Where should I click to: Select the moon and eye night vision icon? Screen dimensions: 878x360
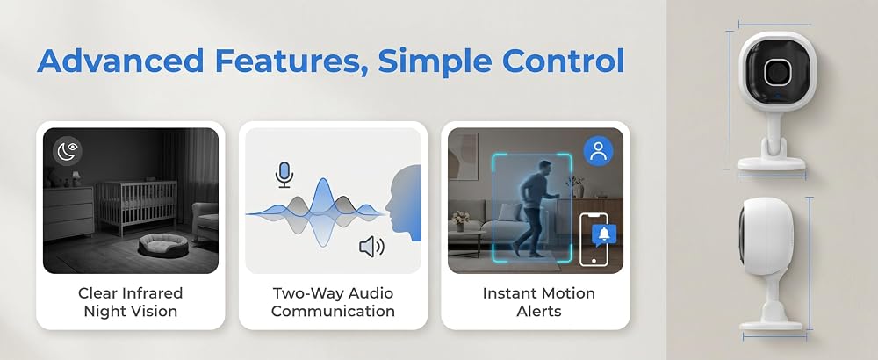(68, 152)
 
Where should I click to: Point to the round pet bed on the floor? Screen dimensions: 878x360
(163, 245)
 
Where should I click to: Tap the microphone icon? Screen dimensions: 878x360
(284, 174)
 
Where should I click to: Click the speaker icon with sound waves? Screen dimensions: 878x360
(371, 247)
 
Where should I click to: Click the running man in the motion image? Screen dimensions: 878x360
(535, 208)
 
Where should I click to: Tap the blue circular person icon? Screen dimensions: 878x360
(599, 151)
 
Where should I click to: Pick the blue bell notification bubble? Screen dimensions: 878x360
(604, 235)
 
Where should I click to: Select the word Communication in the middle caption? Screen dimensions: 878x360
(333, 311)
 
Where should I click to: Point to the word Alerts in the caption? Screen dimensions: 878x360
(538, 311)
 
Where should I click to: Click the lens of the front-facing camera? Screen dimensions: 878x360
(777, 72)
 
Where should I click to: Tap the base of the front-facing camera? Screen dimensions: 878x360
(771, 163)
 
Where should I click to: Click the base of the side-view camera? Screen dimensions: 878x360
(771, 324)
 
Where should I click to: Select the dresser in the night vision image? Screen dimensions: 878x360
(68, 212)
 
